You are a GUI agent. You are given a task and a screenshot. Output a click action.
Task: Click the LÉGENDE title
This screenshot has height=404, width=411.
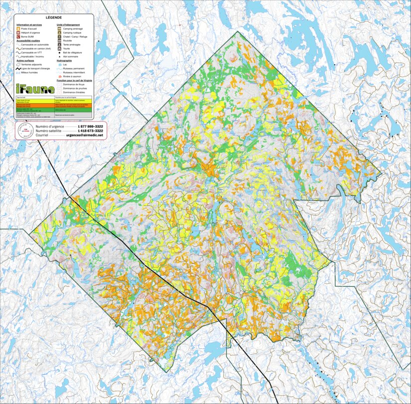pyautogui.click(x=54, y=17)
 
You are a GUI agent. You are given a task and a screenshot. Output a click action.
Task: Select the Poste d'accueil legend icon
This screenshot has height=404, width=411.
pyautogui.click(x=18, y=29)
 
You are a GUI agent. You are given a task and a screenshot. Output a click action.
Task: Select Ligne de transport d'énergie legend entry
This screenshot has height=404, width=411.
pyautogui.click(x=35, y=68)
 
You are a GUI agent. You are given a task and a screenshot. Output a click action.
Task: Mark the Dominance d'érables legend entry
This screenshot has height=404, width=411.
pyautogui.click(x=75, y=92)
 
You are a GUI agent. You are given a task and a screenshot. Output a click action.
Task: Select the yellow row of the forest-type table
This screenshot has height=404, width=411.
pyautogui.click(x=54, y=101)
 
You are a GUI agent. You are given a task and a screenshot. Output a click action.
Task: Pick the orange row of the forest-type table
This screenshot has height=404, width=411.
pyautogui.click(x=54, y=106)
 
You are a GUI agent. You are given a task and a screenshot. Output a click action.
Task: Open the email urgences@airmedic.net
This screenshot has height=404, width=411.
pyautogui.click(x=84, y=135)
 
